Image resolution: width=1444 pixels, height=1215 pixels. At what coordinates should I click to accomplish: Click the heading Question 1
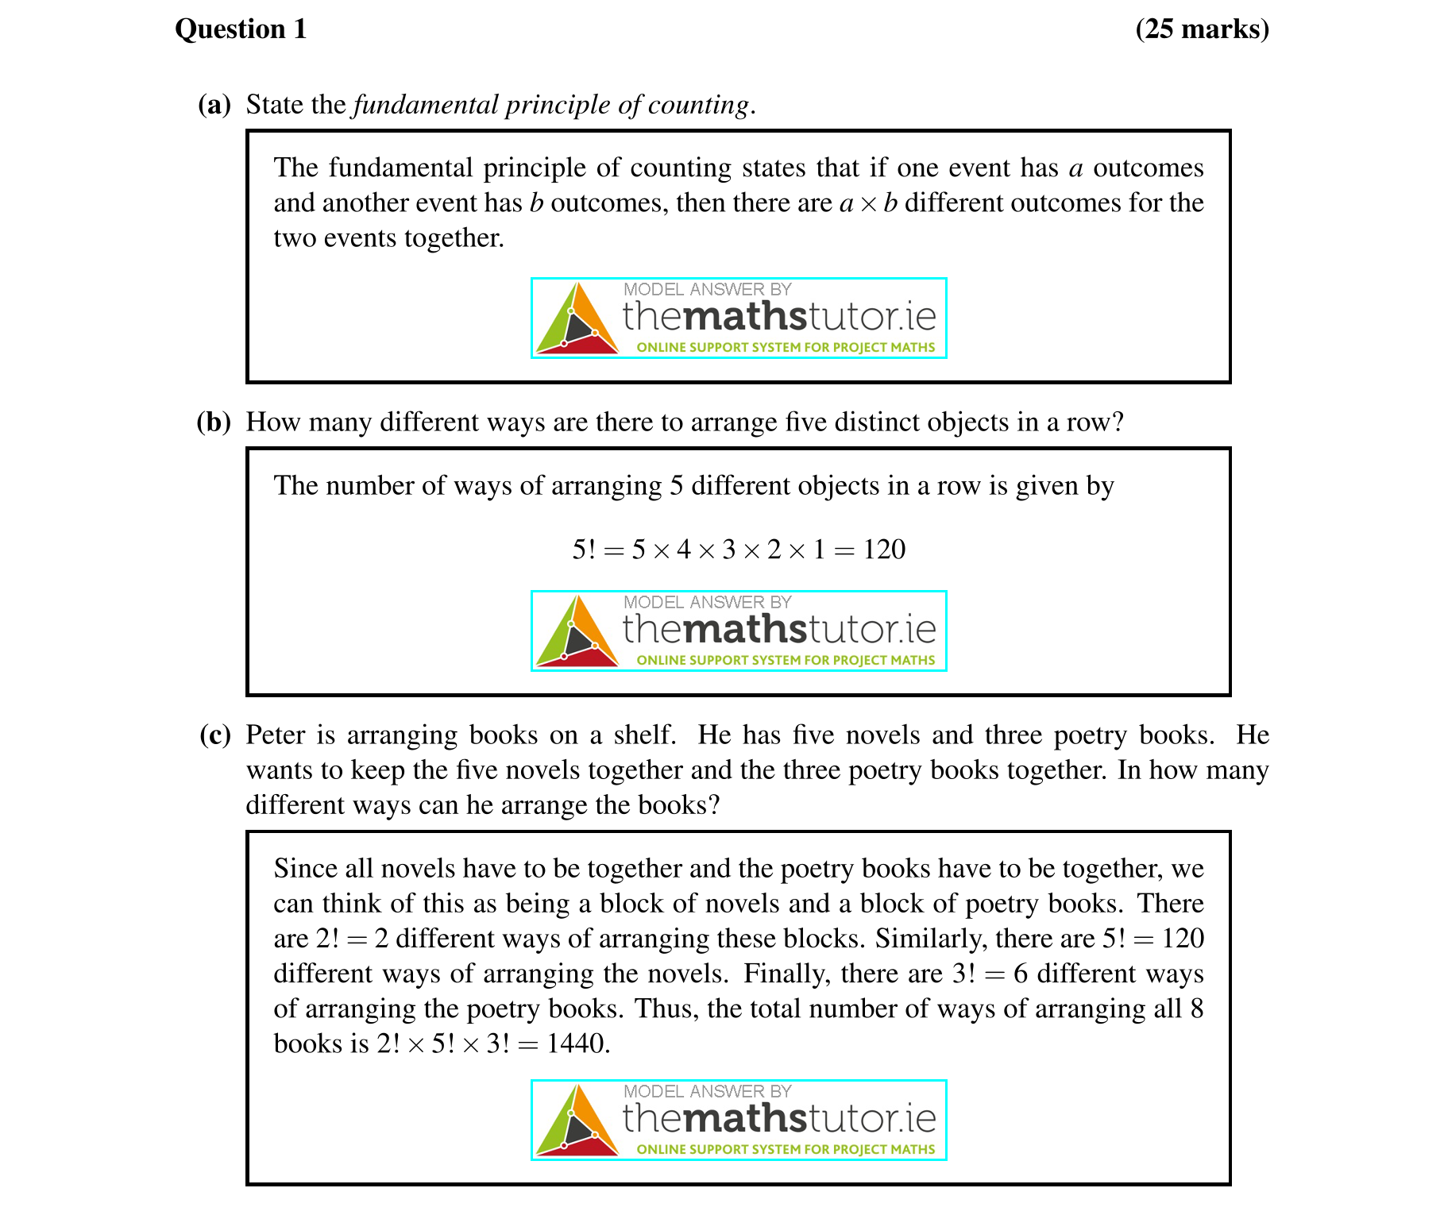241,29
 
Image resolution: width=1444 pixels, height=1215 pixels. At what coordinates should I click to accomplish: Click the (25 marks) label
1202,29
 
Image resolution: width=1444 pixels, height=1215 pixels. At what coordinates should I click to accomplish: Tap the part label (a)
214,105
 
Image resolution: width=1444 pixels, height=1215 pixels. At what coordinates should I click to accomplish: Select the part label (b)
214,422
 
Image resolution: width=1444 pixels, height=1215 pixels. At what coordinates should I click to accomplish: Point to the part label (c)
215,735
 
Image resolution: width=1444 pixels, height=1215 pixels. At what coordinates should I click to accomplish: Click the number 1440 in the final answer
576,1043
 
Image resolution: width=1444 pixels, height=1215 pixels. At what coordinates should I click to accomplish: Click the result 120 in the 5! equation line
884,550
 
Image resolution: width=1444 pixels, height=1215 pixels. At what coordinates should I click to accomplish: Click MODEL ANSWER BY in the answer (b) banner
707,602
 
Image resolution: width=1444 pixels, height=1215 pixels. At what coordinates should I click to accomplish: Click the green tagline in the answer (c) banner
786,1149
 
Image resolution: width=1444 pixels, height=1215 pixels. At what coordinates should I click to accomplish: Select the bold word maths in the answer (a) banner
744,317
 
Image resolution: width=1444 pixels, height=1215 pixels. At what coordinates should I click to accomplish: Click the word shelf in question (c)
643,735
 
